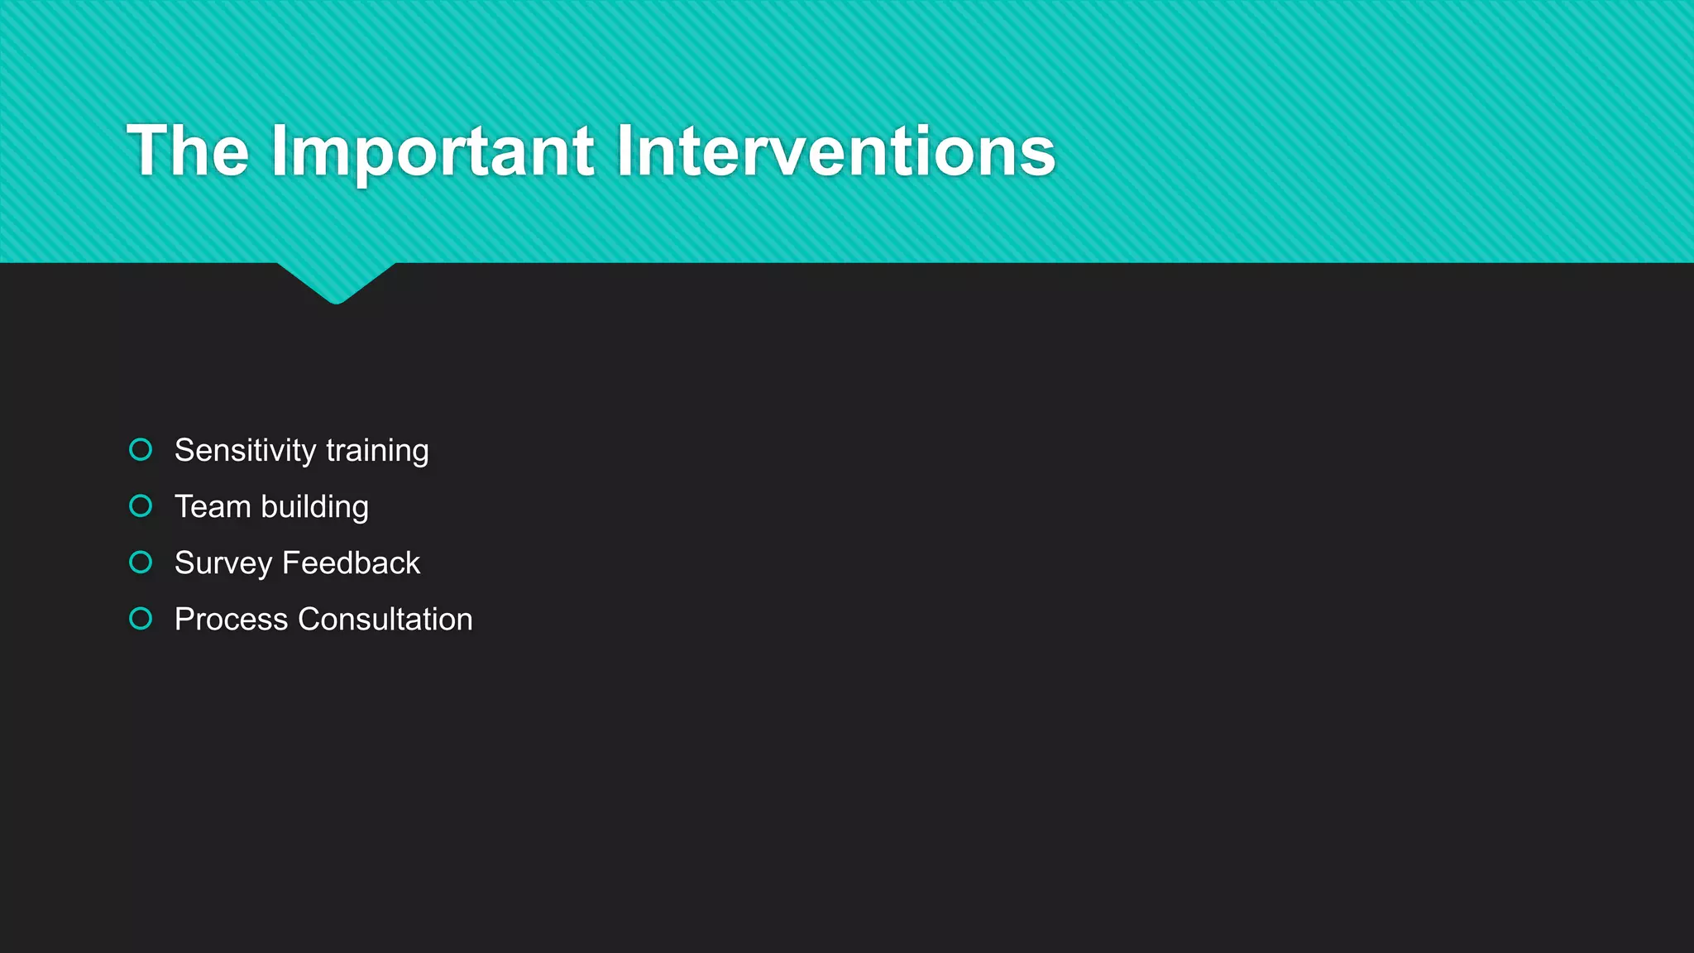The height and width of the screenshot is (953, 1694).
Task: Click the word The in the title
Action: [188, 151]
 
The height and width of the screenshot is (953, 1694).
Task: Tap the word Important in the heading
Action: [432, 151]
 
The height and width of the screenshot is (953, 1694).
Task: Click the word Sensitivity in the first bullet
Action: [245, 451]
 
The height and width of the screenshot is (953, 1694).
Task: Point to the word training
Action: [377, 451]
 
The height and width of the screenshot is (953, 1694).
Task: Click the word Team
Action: [213, 507]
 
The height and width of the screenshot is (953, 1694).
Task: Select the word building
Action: [314, 507]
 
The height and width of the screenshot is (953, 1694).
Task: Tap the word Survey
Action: [223, 563]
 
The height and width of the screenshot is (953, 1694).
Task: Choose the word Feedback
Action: [351, 563]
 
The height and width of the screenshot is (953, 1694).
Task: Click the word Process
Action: [231, 620]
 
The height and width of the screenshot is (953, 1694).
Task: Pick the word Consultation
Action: [385, 620]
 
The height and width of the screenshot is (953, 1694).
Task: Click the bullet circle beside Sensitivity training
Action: [141, 449]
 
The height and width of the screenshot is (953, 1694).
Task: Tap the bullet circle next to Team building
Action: [141, 505]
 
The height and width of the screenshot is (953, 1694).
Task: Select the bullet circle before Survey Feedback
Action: [141, 563]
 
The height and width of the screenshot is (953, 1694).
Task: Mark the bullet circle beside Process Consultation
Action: [141, 619]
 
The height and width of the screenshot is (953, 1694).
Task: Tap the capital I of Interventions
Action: [623, 151]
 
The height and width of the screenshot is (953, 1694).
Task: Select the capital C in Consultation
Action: [309, 620]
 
